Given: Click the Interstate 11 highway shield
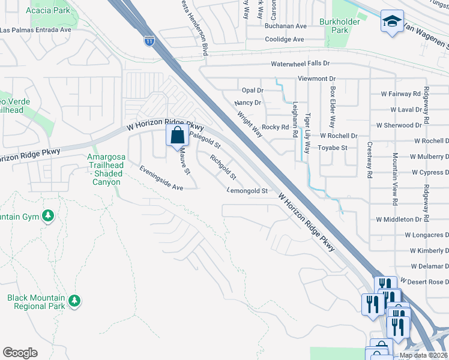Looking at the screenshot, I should pyautogui.click(x=149, y=41).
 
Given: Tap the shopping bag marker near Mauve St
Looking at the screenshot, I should pyautogui.click(x=178, y=135).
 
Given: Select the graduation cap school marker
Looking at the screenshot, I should pyautogui.click(x=392, y=22).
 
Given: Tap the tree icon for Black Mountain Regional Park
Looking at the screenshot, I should pyautogui.click(x=74, y=299).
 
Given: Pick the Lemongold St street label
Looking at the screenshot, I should pyautogui.click(x=247, y=191).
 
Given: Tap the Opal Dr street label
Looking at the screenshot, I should pyautogui.click(x=252, y=90).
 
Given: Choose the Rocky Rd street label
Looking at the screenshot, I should pyautogui.click(x=276, y=127).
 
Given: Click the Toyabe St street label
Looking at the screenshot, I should pyautogui.click(x=333, y=148).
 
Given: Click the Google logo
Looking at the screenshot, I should pyautogui.click(x=20, y=353).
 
